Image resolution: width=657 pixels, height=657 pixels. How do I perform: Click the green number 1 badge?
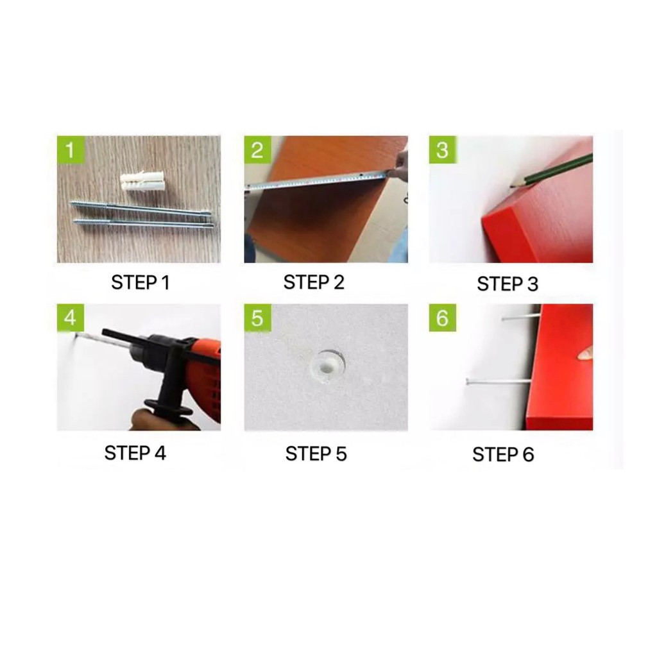click(x=71, y=149)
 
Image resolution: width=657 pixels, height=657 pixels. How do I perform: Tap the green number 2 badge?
click(x=258, y=149)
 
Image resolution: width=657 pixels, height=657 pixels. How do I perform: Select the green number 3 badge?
click(x=443, y=149)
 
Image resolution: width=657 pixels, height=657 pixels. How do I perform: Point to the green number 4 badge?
click(x=71, y=318)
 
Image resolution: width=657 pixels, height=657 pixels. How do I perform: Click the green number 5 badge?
click(x=258, y=318)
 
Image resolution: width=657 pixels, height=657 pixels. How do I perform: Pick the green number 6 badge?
click(x=443, y=318)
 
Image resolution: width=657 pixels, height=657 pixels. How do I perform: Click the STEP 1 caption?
click(x=141, y=283)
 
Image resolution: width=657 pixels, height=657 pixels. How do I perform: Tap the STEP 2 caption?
click(x=314, y=282)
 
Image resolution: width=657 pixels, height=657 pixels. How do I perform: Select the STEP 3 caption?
click(x=508, y=284)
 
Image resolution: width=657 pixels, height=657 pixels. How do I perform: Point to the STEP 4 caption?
click(x=135, y=453)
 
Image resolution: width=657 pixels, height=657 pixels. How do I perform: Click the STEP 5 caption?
click(x=316, y=454)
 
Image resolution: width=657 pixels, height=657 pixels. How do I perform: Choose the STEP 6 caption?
click(x=503, y=455)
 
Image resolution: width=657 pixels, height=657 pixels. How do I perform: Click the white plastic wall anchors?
click(x=139, y=181)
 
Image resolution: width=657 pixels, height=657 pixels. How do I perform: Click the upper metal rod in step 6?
click(x=520, y=318)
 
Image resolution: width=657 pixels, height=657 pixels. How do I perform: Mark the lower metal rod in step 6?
click(x=498, y=381)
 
